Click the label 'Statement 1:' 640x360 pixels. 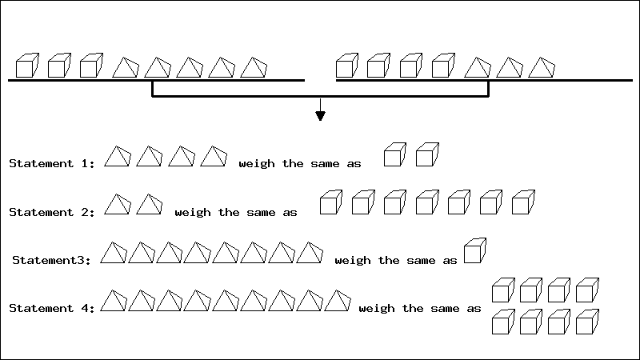52,164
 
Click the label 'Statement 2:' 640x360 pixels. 52,212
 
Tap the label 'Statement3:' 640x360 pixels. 54,260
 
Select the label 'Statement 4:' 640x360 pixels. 52,308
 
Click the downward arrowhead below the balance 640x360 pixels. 321,115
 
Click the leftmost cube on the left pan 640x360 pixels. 27,66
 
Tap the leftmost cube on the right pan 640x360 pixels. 346,66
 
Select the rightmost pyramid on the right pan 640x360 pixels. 541,68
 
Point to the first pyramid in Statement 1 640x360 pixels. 117,157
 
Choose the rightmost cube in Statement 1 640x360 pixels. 428,154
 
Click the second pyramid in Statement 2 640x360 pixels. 149,205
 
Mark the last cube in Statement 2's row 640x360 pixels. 522,202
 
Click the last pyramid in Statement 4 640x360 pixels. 338,301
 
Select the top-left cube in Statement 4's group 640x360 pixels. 502,290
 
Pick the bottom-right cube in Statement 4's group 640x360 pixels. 588,321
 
